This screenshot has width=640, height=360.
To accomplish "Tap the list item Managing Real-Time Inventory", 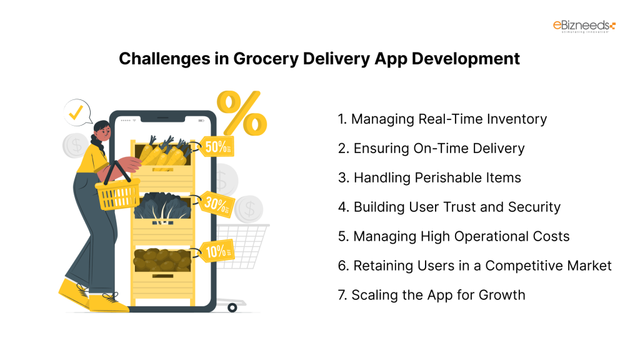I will coord(442,119).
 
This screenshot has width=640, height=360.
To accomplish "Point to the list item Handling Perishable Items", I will coord(429,177).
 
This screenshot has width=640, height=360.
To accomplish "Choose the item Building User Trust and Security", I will coord(449,207).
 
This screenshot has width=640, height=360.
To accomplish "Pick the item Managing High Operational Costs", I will coord(454,236).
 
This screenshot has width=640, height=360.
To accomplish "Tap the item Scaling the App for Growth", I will coord(432,295).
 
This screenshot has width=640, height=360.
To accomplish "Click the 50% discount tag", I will coord(217,146).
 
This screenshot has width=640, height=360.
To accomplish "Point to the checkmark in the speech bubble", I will coord(76,113).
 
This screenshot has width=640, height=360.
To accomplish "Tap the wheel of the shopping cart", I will coord(232,307).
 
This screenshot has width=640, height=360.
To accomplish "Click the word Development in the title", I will coord(466,59).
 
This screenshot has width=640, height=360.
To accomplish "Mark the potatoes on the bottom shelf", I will coord(161,259).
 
